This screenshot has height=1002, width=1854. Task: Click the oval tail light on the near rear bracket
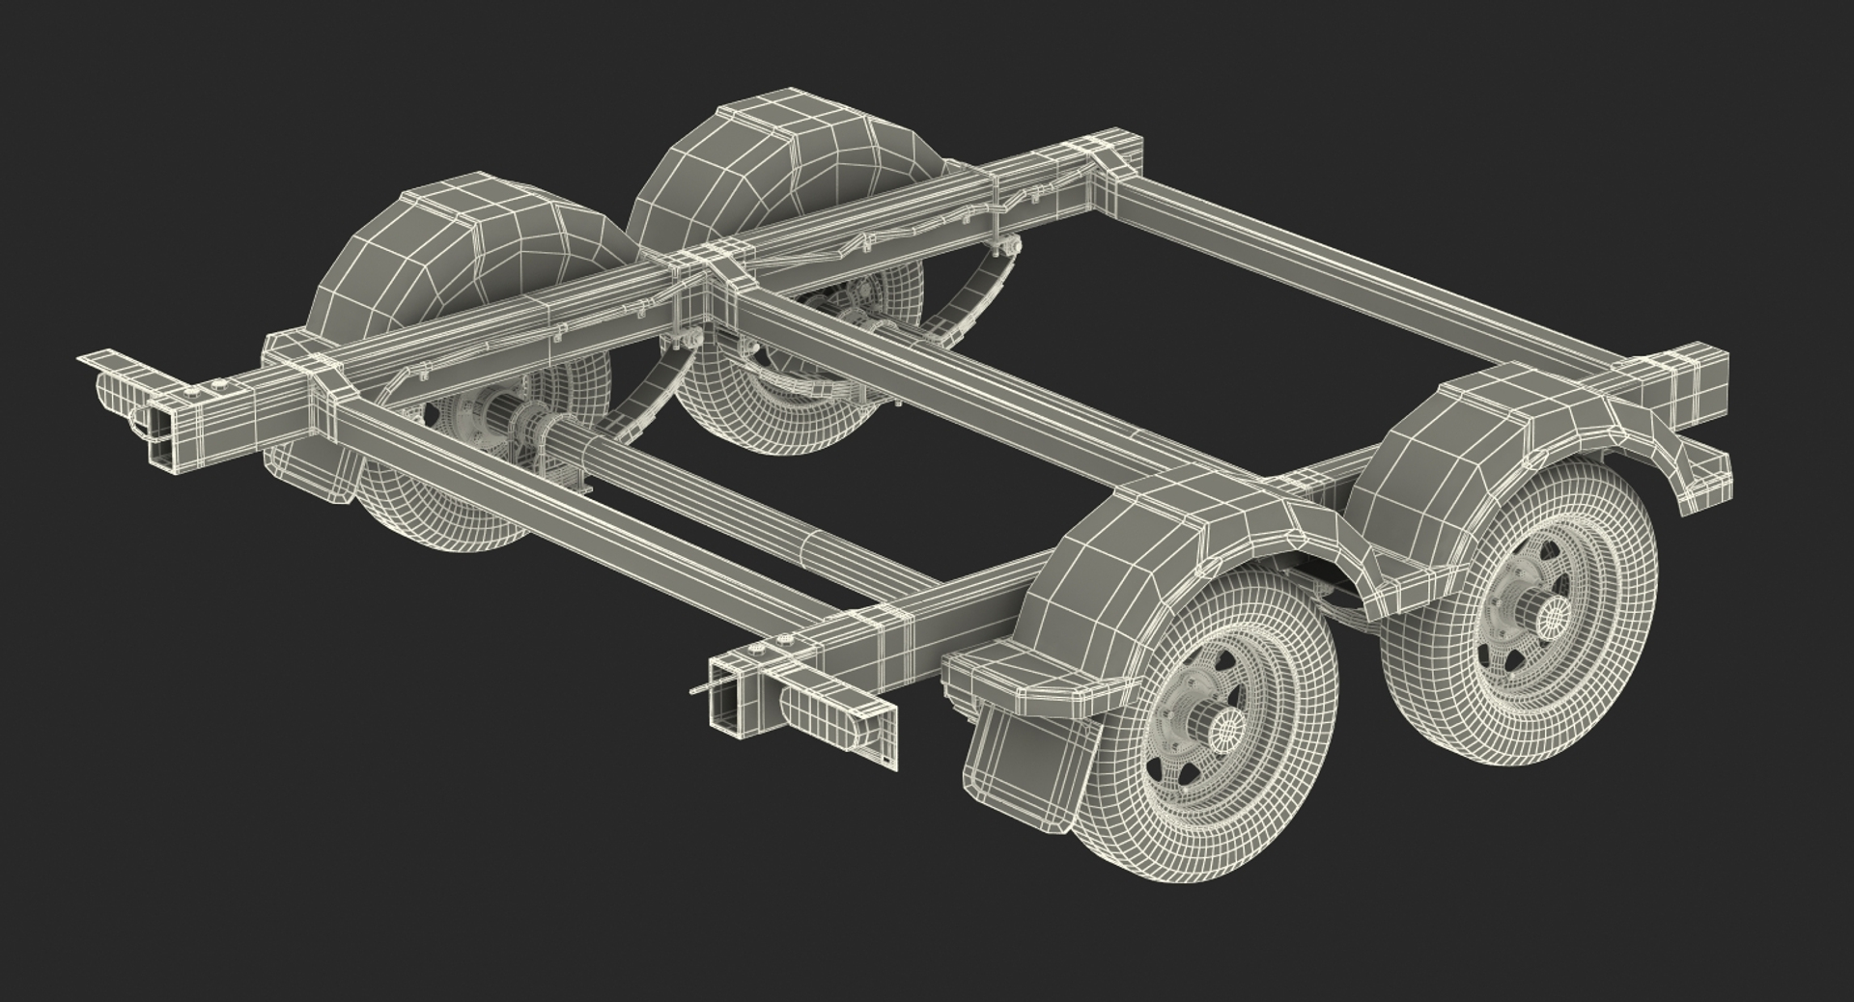point(821,712)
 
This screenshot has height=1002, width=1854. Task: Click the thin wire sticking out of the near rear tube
point(703,686)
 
